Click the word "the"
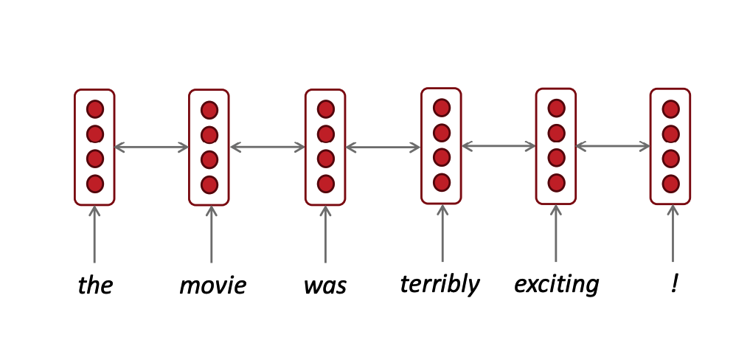[x=95, y=285]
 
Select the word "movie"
[x=212, y=285]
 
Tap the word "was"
[x=325, y=285]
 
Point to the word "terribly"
[x=440, y=284]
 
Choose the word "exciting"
[x=556, y=284]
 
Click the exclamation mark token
[x=674, y=284]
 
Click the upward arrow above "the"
[x=94, y=234]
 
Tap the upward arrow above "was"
[x=325, y=234]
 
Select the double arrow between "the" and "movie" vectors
[x=152, y=148]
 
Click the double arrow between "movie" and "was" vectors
[x=268, y=147]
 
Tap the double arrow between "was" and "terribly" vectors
[x=383, y=148]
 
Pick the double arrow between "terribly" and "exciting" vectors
[x=499, y=146]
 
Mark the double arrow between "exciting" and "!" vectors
[x=614, y=146]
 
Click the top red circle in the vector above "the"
[x=95, y=110]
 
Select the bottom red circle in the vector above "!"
[x=670, y=183]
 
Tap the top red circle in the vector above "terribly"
[x=442, y=108]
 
